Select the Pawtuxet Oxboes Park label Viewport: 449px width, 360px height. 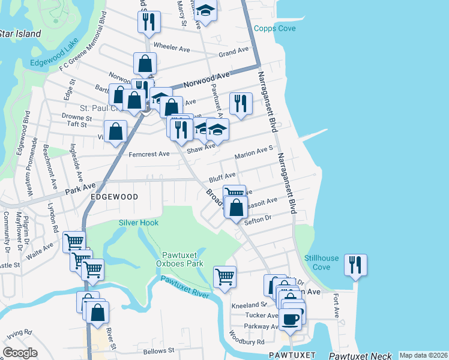[183, 259]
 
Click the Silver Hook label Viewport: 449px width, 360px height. [139, 223]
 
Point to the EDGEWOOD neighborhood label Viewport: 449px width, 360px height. [114, 197]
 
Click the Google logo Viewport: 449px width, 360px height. [20, 353]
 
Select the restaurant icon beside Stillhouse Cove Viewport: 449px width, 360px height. [356, 265]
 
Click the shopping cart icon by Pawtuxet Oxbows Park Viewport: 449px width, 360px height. [224, 277]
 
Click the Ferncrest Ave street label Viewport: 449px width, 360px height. [149, 154]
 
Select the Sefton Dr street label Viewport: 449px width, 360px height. [259, 222]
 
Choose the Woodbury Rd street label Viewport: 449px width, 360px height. [252, 342]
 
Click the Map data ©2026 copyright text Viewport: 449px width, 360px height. [423, 355]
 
